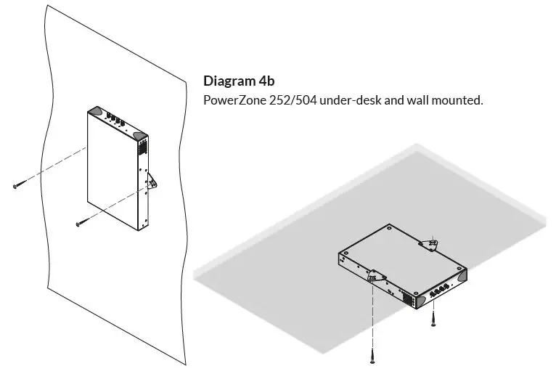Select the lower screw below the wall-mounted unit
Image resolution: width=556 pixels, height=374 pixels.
[81, 224]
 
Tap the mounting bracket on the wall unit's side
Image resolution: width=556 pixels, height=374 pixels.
[152, 182]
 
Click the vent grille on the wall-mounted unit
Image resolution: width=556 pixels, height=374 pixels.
[142, 147]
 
